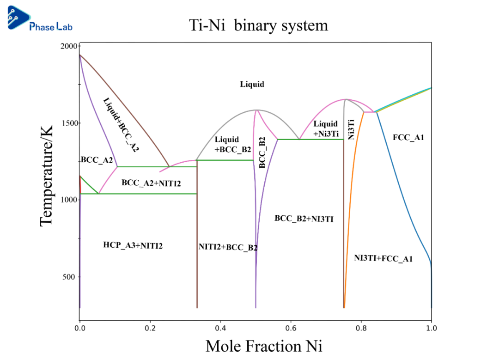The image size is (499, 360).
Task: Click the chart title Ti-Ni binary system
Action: [x=258, y=25]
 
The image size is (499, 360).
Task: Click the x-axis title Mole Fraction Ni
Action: [x=264, y=346]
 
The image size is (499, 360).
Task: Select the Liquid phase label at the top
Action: [x=252, y=84]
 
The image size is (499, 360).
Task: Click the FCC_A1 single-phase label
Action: [x=408, y=137]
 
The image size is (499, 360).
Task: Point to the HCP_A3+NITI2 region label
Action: [x=133, y=245]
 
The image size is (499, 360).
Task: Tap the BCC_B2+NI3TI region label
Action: [x=304, y=219]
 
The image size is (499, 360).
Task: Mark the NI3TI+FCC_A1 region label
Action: [x=383, y=258]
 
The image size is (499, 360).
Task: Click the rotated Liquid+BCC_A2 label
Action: [x=121, y=125]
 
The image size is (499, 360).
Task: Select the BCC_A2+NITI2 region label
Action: [x=151, y=183]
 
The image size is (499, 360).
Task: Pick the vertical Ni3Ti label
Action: [x=351, y=129]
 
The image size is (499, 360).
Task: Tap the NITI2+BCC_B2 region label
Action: [x=228, y=247]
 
